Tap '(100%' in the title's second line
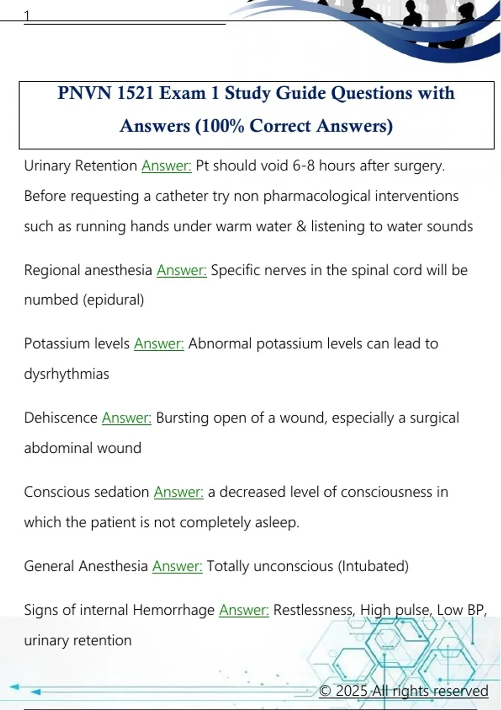220,126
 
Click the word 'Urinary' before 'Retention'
47,166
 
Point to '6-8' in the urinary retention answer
304,166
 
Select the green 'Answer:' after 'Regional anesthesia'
182,270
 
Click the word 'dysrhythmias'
66,374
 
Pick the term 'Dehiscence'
61,418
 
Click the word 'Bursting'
182,418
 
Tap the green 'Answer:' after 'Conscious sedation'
179,492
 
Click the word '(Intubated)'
373,566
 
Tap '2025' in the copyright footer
351,691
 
